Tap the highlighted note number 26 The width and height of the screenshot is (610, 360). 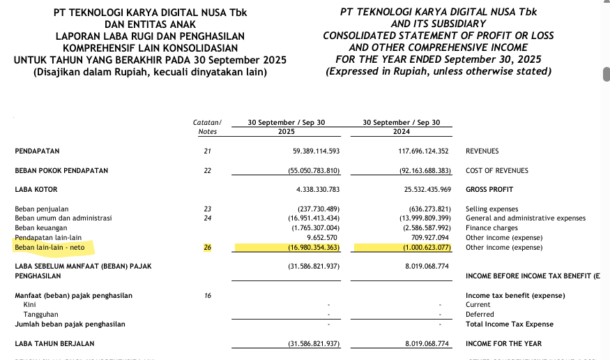tap(206, 248)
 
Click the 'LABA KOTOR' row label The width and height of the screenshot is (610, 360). tap(36, 189)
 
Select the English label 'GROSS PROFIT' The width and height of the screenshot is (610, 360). tap(489, 189)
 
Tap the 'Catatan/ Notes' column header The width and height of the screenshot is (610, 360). tap(207, 127)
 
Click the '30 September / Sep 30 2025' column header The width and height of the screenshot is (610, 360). tap(287, 127)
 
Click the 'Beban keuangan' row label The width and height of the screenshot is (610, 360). tap(41, 228)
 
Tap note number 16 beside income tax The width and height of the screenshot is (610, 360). tap(207, 296)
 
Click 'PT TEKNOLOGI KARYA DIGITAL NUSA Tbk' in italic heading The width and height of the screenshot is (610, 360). tap(438, 12)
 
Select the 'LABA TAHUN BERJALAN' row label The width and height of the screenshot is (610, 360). tap(54, 344)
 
